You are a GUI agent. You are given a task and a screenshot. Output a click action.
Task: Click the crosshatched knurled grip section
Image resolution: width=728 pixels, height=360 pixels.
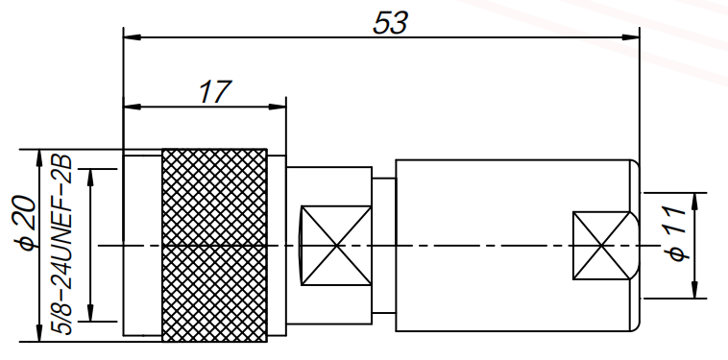click(213, 245)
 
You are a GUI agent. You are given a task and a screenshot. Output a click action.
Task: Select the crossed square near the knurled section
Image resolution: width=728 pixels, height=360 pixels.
click(335, 245)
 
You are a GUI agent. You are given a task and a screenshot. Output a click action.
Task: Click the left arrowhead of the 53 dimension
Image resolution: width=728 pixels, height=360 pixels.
click(131, 37)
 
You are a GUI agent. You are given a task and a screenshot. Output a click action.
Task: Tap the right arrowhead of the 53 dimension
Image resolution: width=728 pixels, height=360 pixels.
click(632, 37)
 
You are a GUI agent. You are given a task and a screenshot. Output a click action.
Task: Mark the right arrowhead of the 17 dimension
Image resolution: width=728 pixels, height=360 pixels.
click(279, 105)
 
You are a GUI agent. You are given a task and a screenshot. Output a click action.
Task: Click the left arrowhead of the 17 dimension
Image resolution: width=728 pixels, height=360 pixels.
click(131, 105)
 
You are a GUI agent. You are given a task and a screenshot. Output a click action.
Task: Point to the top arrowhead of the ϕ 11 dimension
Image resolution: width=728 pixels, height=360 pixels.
click(694, 198)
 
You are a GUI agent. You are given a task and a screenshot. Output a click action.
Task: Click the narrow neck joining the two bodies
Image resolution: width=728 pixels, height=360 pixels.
click(383, 245)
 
